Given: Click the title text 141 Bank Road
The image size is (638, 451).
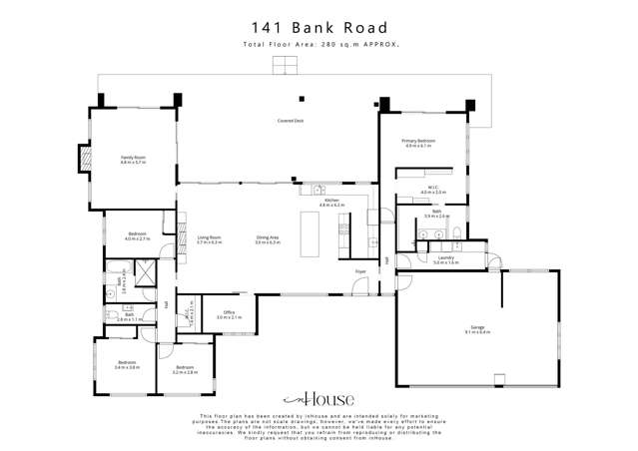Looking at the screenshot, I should [x=319, y=28].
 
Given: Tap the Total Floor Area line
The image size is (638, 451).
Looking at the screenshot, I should [x=319, y=45].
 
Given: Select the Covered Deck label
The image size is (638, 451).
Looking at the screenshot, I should [x=291, y=121].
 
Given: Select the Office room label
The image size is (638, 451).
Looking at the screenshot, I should [x=229, y=314].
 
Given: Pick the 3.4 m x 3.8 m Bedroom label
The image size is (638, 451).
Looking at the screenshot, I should [x=127, y=364].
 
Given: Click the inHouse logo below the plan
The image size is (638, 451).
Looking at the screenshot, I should [x=319, y=395].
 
